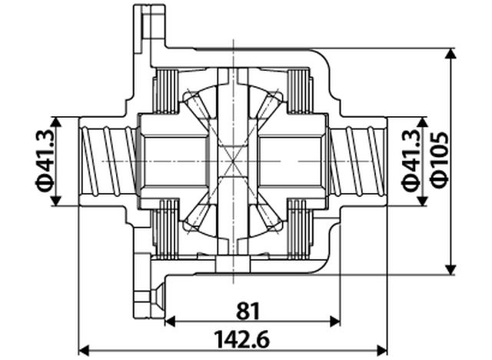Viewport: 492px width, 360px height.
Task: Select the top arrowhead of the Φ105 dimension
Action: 452,53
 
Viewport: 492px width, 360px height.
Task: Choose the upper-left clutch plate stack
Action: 165,91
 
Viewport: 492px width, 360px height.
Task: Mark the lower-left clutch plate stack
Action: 165,230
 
